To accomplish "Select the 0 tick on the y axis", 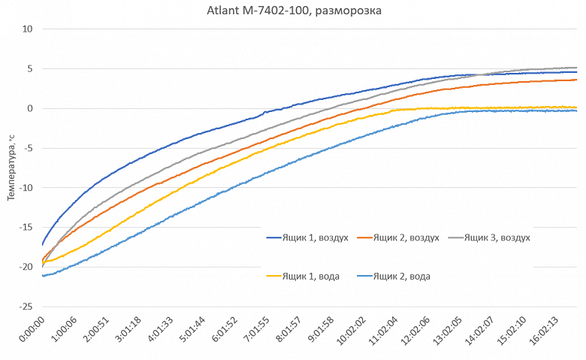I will coord(32,109).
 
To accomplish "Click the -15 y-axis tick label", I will coord(27,228).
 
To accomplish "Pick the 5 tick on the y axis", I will coord(32,69).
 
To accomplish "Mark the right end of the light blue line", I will coord(577,110).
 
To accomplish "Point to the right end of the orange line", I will coord(577,80).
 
